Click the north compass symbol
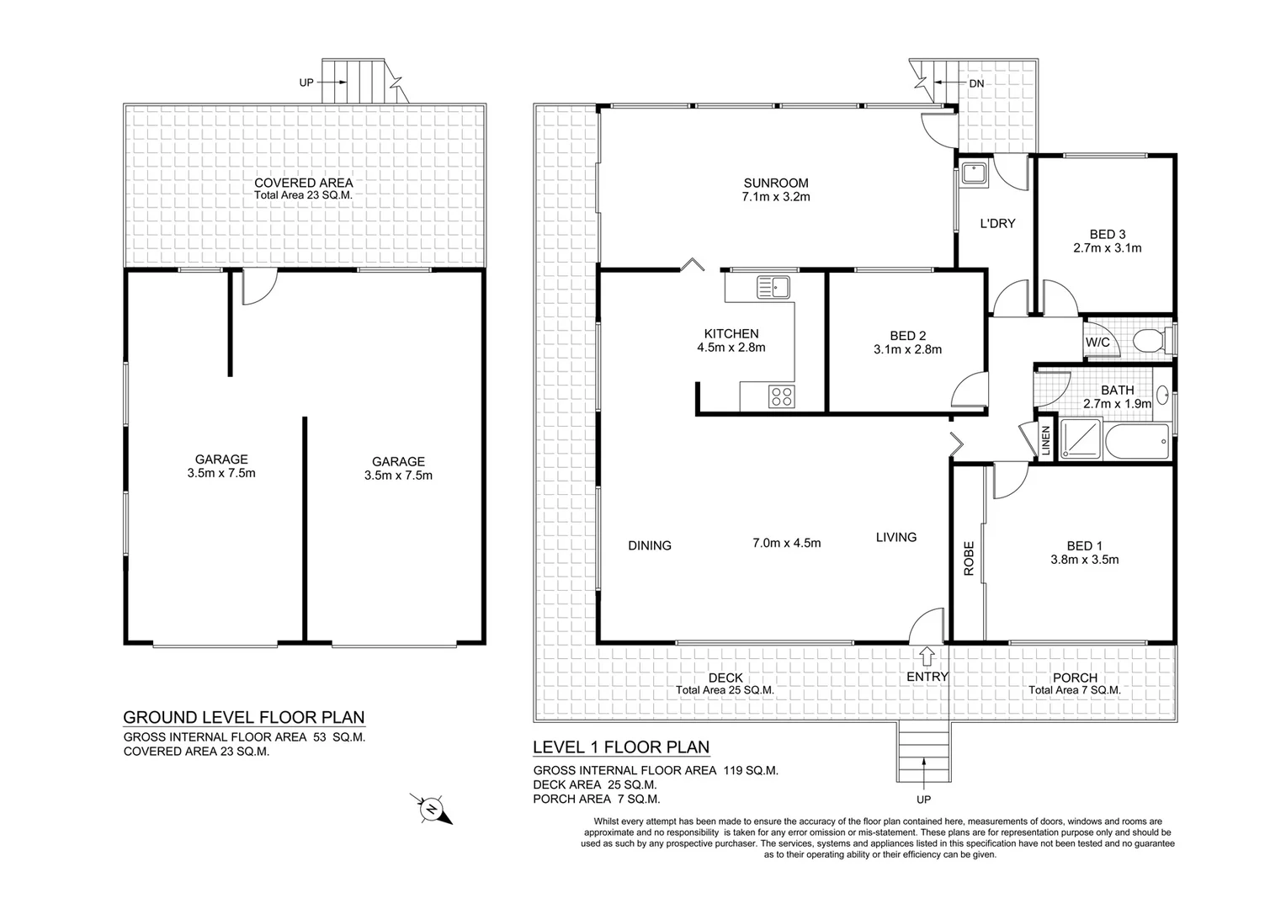(431, 809)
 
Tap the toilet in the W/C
(1147, 342)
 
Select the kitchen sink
(773, 287)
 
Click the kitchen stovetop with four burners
(781, 396)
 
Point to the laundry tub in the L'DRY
(974, 173)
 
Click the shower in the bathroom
(1080, 439)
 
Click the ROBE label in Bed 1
(968, 558)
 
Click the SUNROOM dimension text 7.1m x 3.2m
(775, 197)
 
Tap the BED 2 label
(906, 335)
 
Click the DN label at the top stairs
(975, 83)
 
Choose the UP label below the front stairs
(923, 800)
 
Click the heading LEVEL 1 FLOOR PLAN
(621, 747)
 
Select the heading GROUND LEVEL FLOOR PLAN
(244, 717)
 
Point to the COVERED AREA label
(303, 183)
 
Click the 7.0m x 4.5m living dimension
(786, 543)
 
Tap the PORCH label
(1075, 678)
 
